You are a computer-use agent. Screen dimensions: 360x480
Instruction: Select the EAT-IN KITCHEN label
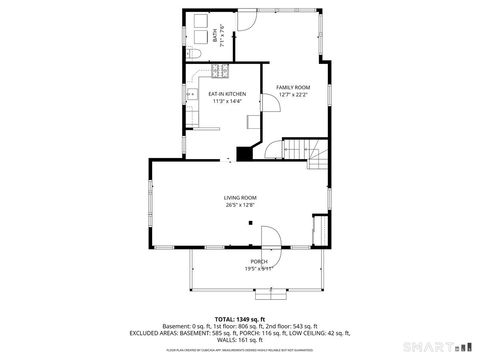[x=226, y=94]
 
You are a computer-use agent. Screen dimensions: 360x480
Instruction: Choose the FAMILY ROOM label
[x=294, y=88]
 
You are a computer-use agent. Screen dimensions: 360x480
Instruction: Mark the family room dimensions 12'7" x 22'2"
[x=294, y=95]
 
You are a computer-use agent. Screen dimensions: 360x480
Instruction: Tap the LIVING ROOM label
[x=240, y=198]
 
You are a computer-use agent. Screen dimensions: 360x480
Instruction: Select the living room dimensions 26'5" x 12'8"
[x=240, y=205]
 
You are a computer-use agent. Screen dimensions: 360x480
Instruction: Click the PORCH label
[x=259, y=261]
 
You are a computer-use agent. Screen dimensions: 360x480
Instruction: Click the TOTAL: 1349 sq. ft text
[x=240, y=318]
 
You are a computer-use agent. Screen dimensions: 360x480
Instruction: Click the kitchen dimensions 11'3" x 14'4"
[x=226, y=101]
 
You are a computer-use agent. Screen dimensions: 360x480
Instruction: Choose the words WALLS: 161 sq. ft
[x=240, y=339]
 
